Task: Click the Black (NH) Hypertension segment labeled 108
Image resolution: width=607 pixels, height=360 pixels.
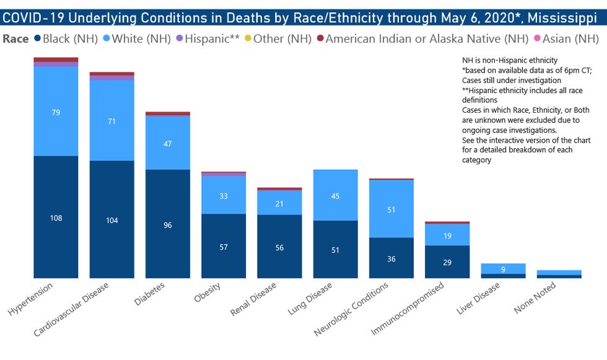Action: click(56, 218)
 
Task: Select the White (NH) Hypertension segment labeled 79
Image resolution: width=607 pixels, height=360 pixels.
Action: click(56, 112)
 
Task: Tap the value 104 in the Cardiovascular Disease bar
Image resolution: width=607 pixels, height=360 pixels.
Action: click(111, 221)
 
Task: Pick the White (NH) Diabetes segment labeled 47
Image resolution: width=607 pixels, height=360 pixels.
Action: click(167, 143)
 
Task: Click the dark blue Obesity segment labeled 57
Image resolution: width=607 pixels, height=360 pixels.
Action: click(224, 247)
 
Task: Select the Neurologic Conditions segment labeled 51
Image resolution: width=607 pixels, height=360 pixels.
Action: click(391, 209)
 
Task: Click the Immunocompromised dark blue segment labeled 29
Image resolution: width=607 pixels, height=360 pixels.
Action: click(447, 262)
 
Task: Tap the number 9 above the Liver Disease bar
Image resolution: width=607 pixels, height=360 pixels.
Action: click(502, 269)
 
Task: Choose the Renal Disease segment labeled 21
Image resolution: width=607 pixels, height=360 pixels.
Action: click(279, 204)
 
